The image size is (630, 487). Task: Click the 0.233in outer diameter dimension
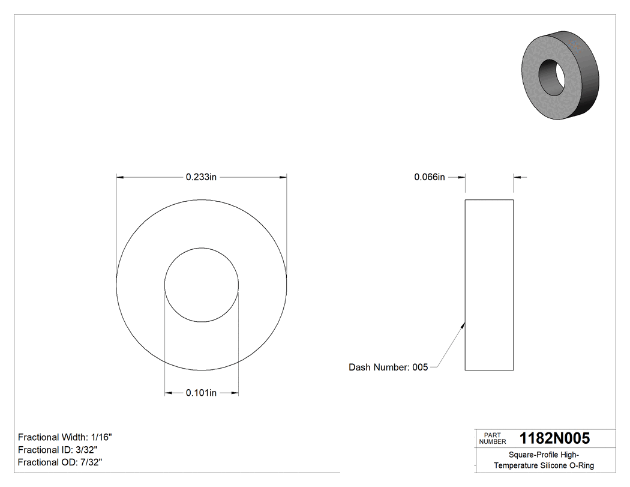coord(200,177)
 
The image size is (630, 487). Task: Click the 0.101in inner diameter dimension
coord(200,393)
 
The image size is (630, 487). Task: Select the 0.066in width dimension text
coord(430,177)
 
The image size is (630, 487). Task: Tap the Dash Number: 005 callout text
coord(388,367)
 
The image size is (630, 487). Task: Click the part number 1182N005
coord(554,438)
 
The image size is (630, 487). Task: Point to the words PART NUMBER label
coord(493,438)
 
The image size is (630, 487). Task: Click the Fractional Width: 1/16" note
coord(65,437)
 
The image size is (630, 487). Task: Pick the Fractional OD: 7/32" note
coord(60,462)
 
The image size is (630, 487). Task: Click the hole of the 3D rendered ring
coord(551,76)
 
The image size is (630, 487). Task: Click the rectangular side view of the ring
coord(489,285)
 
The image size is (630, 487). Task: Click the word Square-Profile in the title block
coord(529,455)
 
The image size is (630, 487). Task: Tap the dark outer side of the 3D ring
coord(588,78)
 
